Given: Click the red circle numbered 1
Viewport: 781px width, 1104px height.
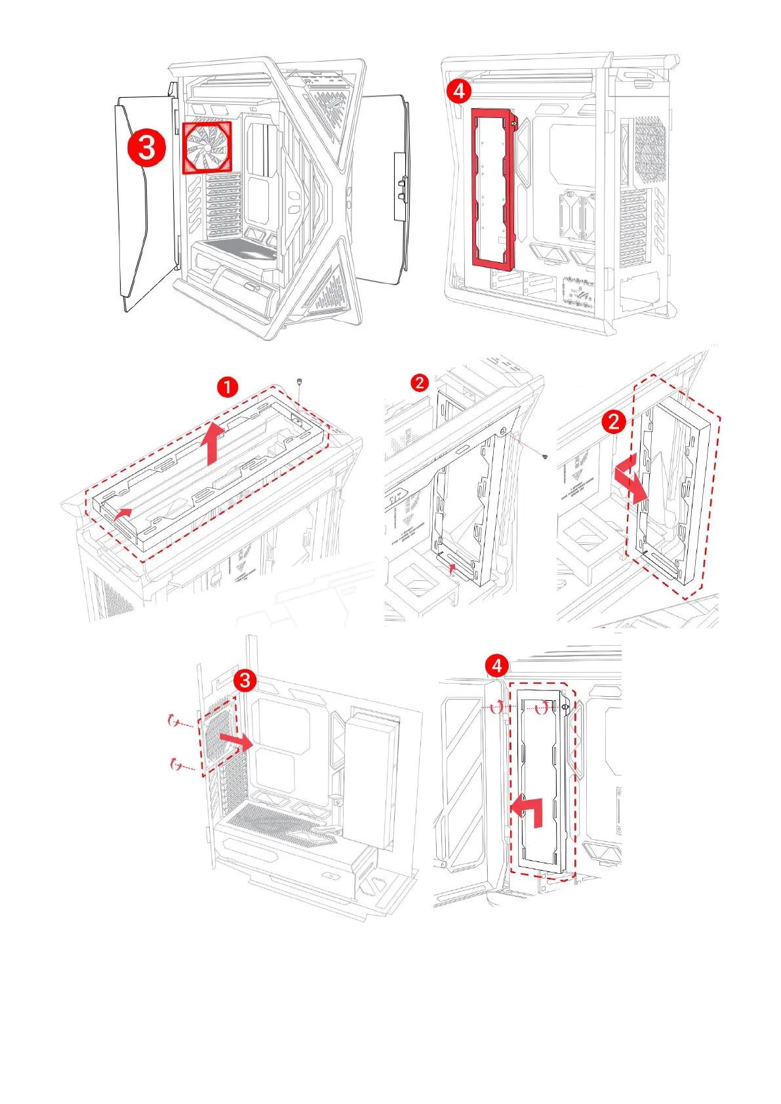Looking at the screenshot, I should pyautogui.click(x=227, y=387).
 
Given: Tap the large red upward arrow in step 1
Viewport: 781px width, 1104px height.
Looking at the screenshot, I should pyautogui.click(x=211, y=443).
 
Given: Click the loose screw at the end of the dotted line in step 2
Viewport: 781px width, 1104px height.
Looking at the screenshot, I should pyautogui.click(x=545, y=456).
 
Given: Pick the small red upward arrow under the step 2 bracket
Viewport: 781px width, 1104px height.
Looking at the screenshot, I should pyautogui.click(x=451, y=559).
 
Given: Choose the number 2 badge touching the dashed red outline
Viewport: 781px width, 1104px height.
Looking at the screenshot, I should pyautogui.click(x=614, y=421).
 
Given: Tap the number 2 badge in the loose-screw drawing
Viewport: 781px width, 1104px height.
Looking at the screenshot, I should pyautogui.click(x=420, y=382).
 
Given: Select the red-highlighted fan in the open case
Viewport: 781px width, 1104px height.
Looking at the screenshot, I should pyautogui.click(x=207, y=147).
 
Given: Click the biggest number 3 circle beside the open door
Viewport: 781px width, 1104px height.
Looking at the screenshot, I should pyautogui.click(x=146, y=148).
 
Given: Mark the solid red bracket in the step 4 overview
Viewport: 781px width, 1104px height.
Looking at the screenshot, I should pyautogui.click(x=493, y=189).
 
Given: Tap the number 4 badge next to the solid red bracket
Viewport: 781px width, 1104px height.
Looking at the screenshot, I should pyautogui.click(x=459, y=91).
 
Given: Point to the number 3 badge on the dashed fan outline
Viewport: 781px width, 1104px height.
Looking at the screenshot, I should pyautogui.click(x=245, y=680).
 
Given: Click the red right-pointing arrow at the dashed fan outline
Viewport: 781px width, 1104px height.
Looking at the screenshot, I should pyautogui.click(x=235, y=741).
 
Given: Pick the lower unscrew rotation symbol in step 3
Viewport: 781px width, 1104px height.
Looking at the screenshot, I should pyautogui.click(x=174, y=764).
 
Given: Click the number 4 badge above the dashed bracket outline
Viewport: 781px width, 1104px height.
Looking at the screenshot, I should pyautogui.click(x=496, y=666).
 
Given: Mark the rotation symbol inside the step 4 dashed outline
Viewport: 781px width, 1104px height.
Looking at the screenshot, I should pyautogui.click(x=541, y=707).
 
